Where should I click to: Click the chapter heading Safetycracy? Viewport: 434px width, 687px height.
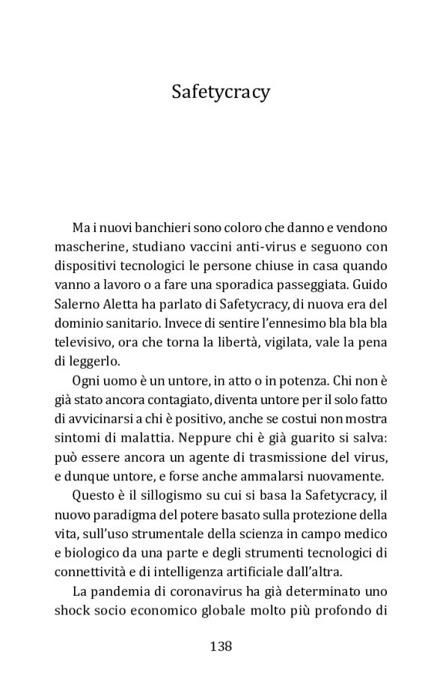pyautogui.click(x=221, y=91)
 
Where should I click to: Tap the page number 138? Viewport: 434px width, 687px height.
pyautogui.click(x=221, y=645)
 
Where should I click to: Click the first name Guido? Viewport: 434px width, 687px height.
pyautogui.click(x=370, y=284)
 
